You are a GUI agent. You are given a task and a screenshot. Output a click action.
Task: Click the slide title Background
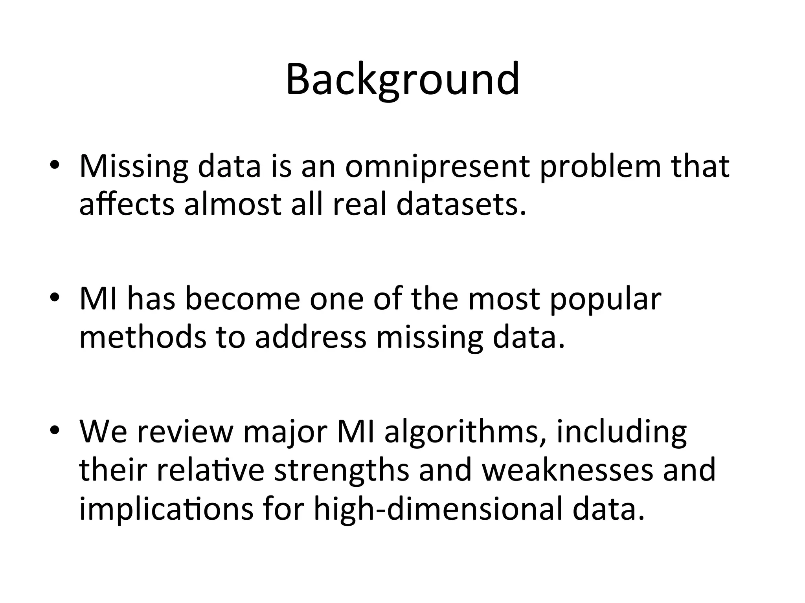pyautogui.click(x=402, y=80)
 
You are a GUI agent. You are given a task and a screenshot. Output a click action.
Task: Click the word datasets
pyautogui.click(x=461, y=204)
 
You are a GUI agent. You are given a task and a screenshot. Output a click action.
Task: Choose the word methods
pyautogui.click(x=143, y=337)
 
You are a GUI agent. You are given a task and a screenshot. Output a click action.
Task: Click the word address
pyautogui.click(x=311, y=337)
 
